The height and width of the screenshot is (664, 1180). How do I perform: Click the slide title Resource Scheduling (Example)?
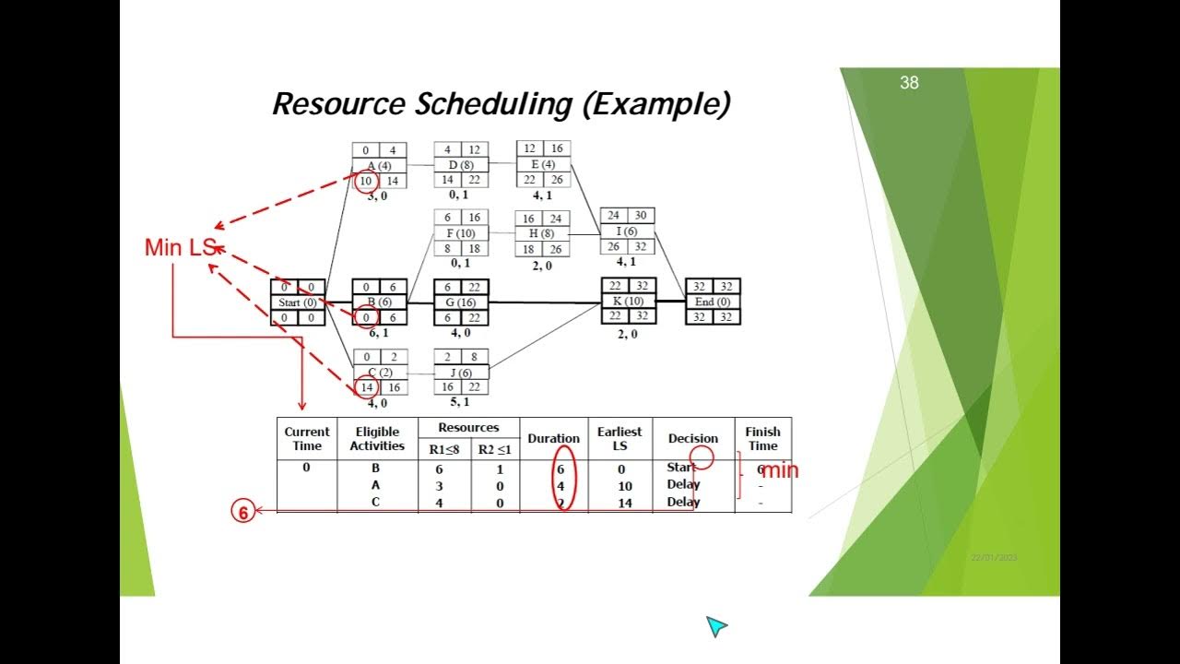501,104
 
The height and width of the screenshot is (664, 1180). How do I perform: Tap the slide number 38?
909,83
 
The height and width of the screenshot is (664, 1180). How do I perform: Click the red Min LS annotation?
180,247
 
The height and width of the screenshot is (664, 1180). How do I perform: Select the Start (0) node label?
297,302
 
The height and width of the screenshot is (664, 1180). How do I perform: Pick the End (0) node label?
713,302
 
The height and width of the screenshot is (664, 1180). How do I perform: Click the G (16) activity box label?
461,302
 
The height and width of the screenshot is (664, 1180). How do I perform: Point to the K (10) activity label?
628,302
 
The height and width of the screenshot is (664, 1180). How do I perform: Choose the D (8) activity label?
461,165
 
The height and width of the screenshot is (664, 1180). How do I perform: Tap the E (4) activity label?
543,165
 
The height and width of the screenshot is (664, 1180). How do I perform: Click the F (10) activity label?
461,233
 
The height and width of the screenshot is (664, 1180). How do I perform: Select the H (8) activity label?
542,233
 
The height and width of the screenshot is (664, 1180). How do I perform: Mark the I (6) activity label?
627,231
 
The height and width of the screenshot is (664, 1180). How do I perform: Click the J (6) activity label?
461,373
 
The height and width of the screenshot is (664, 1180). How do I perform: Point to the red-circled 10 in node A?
366,182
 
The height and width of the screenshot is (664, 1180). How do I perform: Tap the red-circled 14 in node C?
366,388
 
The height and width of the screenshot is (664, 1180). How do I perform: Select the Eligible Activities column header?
377,439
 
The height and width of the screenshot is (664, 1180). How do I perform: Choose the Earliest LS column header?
619,439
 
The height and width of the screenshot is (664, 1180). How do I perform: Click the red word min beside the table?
779,471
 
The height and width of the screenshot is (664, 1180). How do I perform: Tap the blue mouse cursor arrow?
716,626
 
